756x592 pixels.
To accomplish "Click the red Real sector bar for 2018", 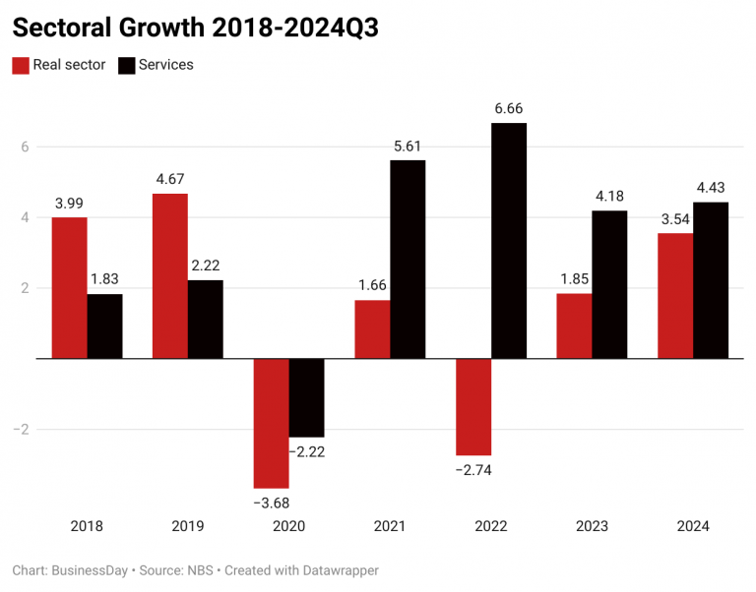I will [x=69, y=287].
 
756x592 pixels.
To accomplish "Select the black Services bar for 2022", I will [x=508, y=241].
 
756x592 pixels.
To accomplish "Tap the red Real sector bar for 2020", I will [x=271, y=423].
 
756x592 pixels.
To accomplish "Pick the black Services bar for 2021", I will [x=408, y=259].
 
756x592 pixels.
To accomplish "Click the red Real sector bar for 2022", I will [x=472, y=406].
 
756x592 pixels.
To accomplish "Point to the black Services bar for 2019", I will [x=205, y=319].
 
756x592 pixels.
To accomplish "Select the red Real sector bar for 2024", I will [x=674, y=295].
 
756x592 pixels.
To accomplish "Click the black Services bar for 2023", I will [x=608, y=284].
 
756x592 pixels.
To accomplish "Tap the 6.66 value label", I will [x=508, y=107].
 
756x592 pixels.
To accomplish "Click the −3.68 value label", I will [x=271, y=503].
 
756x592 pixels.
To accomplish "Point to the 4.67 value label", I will [x=169, y=179].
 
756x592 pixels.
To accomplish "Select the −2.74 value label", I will [x=472, y=470].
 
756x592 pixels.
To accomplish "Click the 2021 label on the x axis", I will [x=390, y=526].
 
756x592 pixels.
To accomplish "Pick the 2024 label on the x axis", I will [x=692, y=526].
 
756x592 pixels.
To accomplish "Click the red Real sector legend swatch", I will [x=21, y=66].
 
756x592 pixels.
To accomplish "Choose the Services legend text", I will [x=165, y=65].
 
